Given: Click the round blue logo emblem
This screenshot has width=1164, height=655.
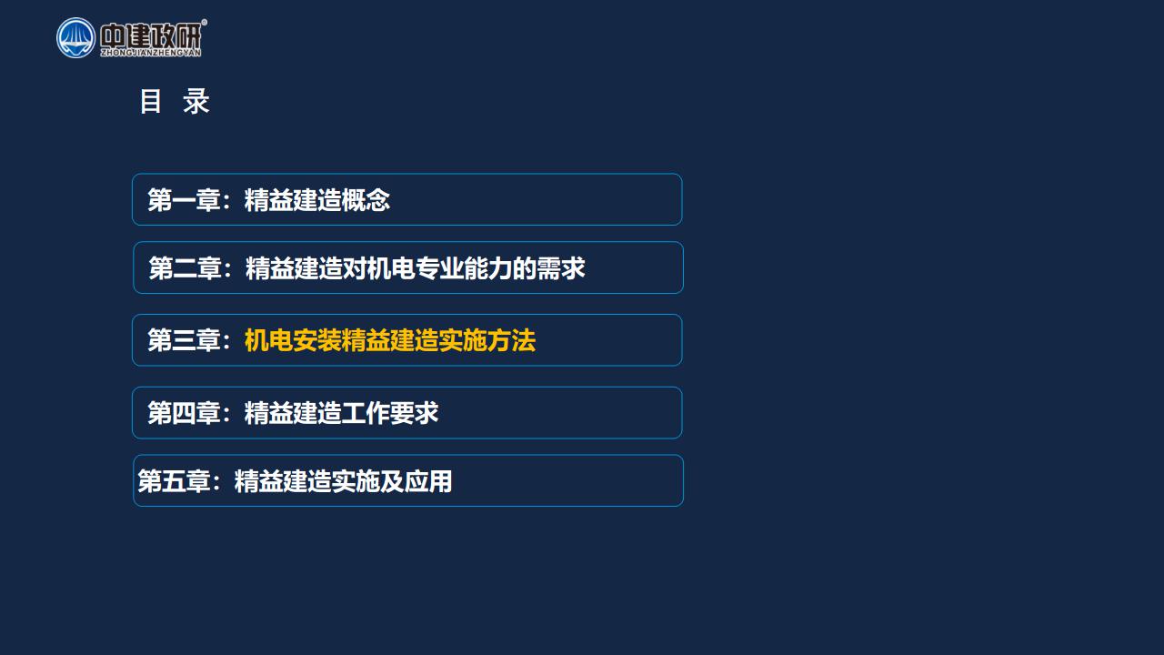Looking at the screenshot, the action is click(x=75, y=38).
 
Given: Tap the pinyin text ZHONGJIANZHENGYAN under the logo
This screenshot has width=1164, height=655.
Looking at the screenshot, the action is click(x=151, y=53).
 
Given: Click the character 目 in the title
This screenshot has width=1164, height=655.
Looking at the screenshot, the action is click(x=151, y=101).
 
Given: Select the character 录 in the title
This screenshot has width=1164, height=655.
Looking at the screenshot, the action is click(x=196, y=101).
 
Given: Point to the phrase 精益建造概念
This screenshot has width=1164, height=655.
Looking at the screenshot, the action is click(x=317, y=200).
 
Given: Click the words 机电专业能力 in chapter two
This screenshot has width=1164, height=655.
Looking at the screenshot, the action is click(x=439, y=268).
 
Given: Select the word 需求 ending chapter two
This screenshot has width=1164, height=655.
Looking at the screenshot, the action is click(x=561, y=268).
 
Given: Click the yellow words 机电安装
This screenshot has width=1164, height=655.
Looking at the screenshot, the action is click(x=293, y=340).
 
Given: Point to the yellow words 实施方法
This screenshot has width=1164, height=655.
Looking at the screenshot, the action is click(x=487, y=340).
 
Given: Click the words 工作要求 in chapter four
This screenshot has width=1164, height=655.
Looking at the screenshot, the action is click(x=390, y=413).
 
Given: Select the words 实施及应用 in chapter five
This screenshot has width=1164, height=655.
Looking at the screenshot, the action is click(x=392, y=481).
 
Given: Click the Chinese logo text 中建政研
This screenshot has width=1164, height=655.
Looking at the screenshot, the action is click(x=151, y=35).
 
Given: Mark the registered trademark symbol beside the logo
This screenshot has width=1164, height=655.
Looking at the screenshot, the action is click(x=205, y=23).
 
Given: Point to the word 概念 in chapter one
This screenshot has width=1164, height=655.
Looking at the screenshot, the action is click(x=366, y=200).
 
